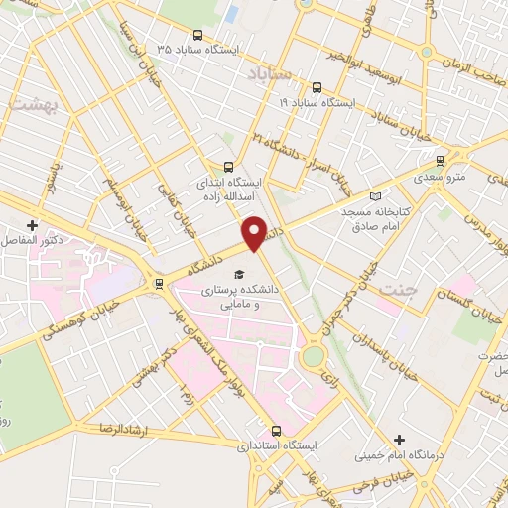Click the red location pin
254,232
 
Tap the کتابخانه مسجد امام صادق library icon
374,196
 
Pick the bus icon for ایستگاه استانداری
276,431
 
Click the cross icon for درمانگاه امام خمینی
399,440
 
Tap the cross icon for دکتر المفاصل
33,225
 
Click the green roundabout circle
314,355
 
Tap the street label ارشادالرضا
107,428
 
